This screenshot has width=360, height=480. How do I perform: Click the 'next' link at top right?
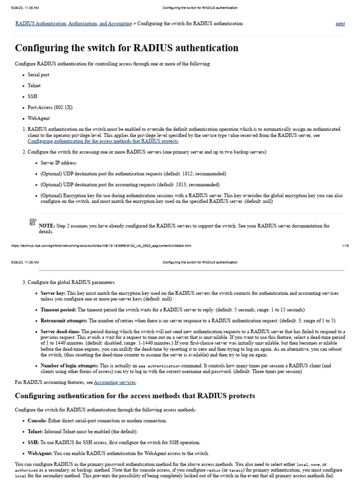point(340,23)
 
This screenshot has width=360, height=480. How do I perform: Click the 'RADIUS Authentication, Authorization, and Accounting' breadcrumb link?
point(74,23)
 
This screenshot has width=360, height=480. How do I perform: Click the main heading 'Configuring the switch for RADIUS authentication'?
point(127,48)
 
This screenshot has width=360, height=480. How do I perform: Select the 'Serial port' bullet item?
point(38,75)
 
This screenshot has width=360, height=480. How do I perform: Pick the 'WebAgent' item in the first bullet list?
point(38,119)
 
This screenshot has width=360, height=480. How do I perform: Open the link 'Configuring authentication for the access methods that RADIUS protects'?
point(103,141)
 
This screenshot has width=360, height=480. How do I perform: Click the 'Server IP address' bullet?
point(59,163)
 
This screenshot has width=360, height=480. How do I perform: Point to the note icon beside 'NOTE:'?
point(32,222)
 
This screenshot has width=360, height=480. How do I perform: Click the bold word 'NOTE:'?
point(47,226)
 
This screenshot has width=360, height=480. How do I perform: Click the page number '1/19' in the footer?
point(341,246)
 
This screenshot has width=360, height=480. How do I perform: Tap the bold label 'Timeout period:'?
point(58,310)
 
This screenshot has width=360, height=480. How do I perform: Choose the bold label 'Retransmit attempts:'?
point(64,321)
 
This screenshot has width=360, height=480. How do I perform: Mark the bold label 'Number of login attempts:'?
point(69,366)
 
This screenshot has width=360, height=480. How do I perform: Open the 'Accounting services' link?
point(115,382)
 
